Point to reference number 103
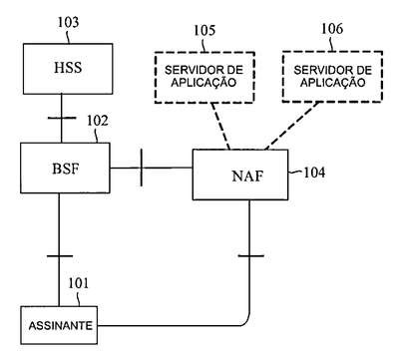tap(69, 22)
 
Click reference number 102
tap(98, 121)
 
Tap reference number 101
tap(79, 283)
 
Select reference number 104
tap(314, 173)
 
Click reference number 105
tap(204, 30)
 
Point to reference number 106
tap(331, 29)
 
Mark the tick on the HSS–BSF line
tap(62, 118)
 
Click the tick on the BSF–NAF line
tap(142, 168)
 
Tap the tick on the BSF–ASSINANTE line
tap(60, 256)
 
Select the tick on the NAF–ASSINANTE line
tap(251, 256)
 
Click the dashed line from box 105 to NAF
tap(220, 126)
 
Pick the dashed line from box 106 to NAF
tap(292, 126)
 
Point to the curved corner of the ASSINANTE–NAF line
tap(246, 322)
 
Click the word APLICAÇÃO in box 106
tap(332, 83)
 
